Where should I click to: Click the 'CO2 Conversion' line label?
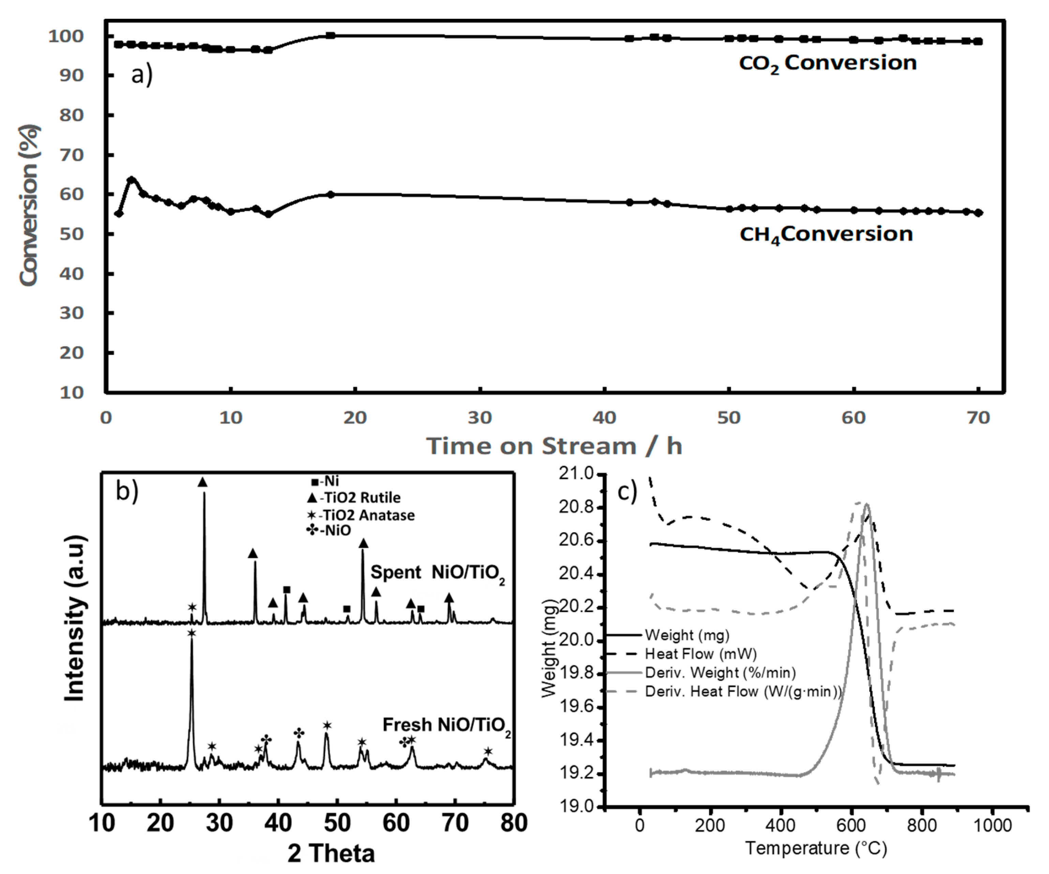pos(828,63)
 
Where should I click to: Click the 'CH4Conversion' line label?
pos(826,234)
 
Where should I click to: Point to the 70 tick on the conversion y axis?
pos(72,155)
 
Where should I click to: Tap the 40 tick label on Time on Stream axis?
pos(604,418)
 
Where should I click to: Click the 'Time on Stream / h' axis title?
pos(554,446)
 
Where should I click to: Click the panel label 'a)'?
pos(142,75)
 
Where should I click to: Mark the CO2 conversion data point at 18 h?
pos(330,35)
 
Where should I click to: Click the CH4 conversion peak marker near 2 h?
pos(131,180)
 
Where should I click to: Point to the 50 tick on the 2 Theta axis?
pos(338,823)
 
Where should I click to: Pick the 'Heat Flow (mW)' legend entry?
pos(700,654)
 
